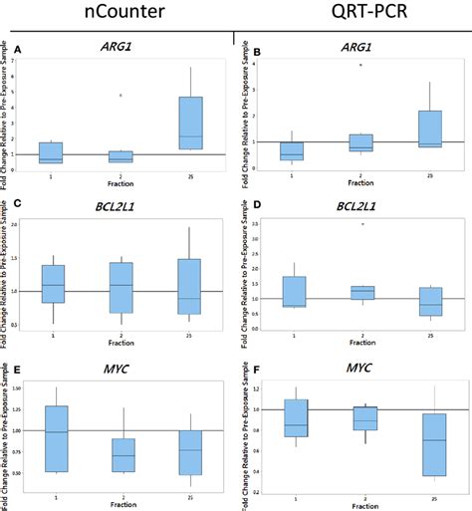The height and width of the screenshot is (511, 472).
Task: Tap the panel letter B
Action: pos(244,48)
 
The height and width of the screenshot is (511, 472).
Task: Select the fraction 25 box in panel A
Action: pos(190,124)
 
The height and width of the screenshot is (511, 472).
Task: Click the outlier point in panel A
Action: pos(120,96)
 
